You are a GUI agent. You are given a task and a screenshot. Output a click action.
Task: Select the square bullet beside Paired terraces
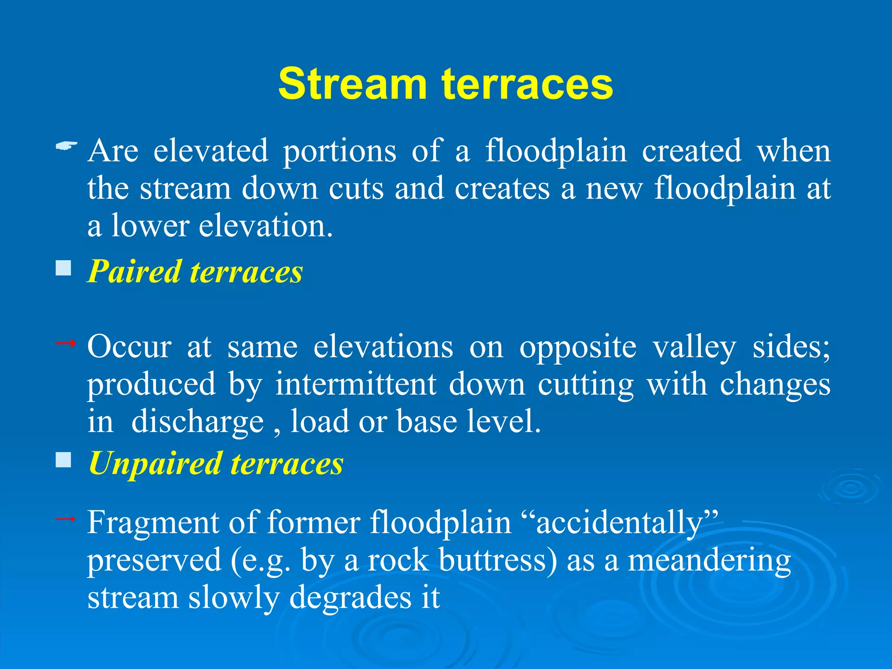(x=64, y=268)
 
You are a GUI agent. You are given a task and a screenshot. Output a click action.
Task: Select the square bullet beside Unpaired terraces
(x=64, y=460)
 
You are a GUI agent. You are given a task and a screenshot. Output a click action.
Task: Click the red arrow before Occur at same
(x=66, y=344)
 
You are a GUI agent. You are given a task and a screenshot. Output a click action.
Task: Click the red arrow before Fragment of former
(x=66, y=519)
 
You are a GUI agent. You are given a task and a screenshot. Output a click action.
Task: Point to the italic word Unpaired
(x=155, y=463)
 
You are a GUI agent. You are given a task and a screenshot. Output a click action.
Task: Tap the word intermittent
(x=355, y=384)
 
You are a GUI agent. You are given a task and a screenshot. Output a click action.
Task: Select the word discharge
(x=197, y=422)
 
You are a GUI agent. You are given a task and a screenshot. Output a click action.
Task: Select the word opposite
(x=578, y=347)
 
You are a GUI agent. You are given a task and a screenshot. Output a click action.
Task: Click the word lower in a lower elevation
(x=150, y=226)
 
